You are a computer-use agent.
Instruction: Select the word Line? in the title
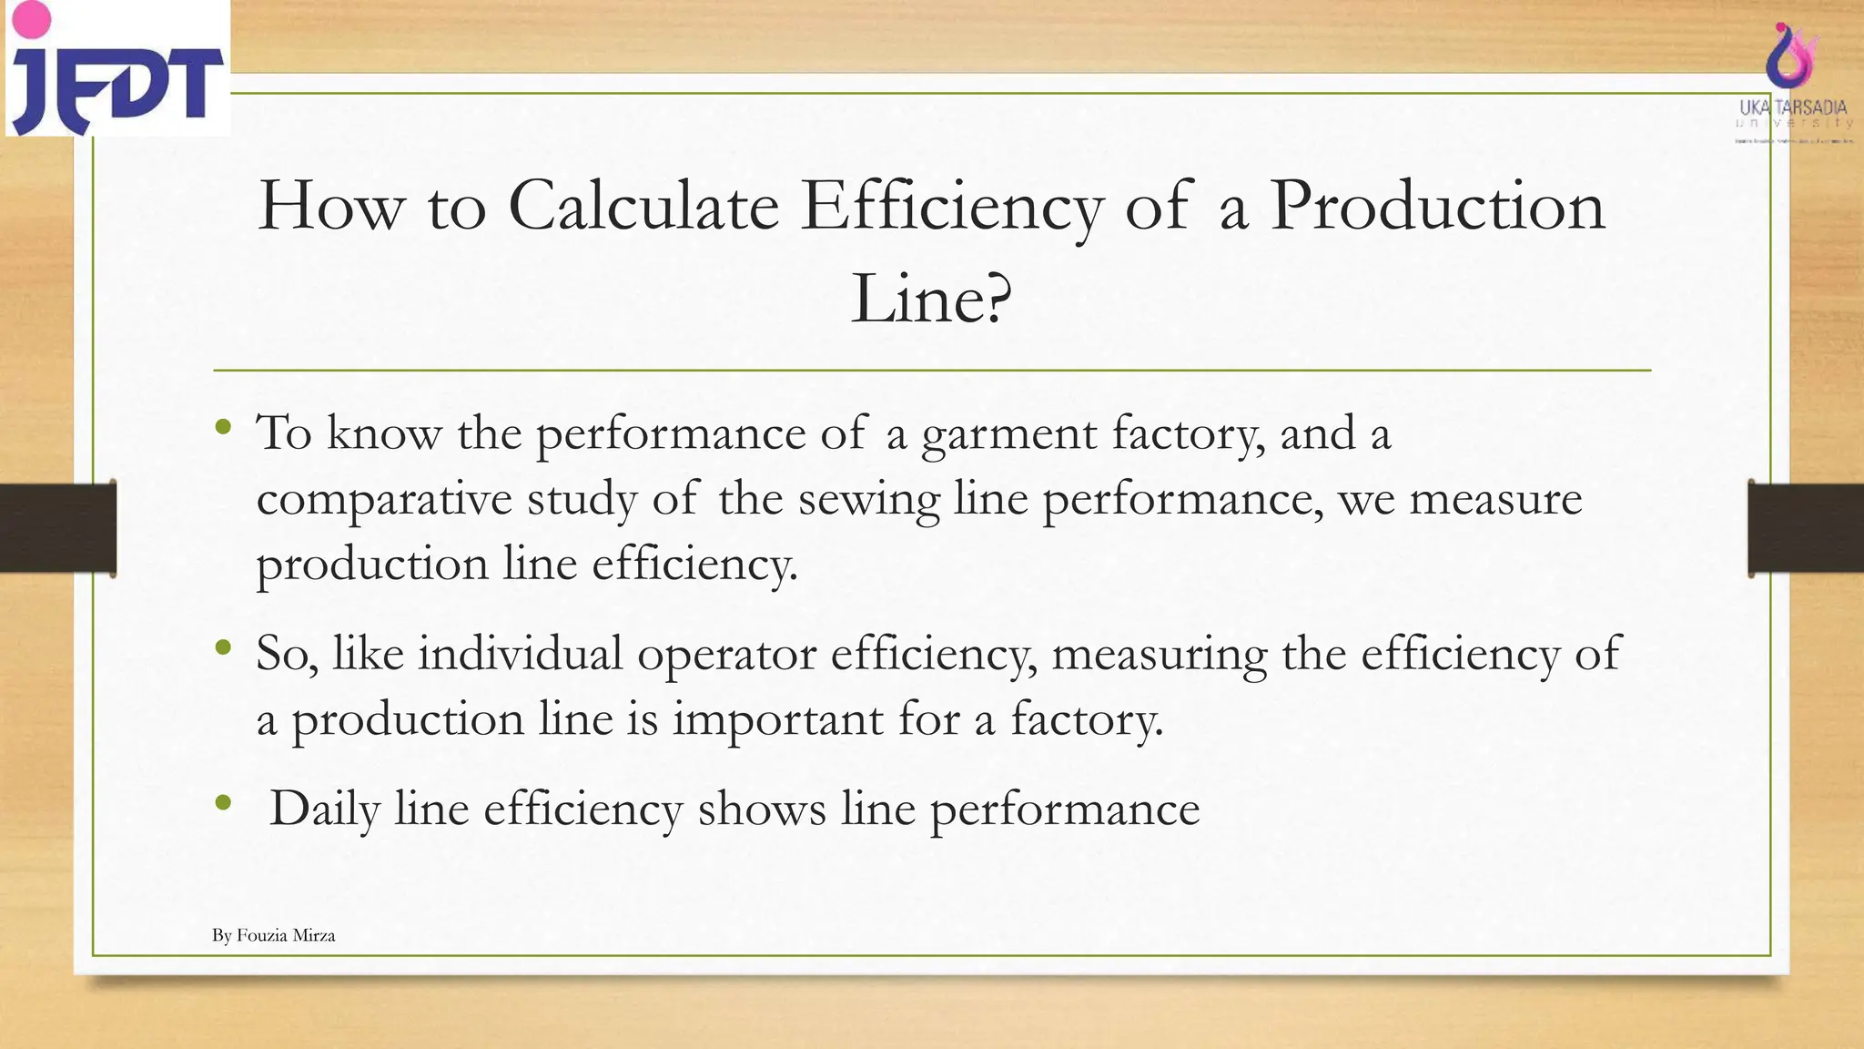(930, 299)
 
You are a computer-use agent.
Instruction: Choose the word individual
(520, 654)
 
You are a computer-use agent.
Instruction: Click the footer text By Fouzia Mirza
(274, 935)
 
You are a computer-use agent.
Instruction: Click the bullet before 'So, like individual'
(223, 648)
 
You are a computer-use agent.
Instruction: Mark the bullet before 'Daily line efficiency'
(223, 803)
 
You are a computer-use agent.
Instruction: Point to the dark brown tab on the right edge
(1806, 528)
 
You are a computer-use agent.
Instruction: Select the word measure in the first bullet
(1495, 500)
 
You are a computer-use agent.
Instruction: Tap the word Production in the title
(1437, 206)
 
